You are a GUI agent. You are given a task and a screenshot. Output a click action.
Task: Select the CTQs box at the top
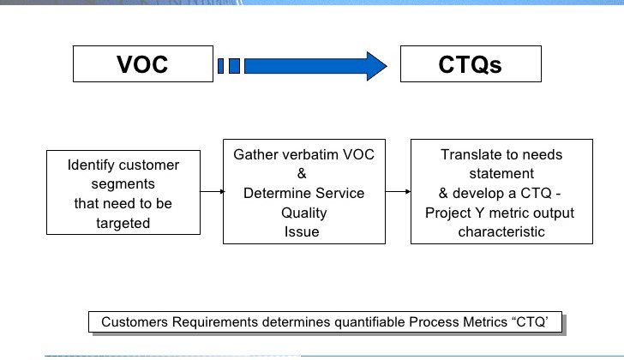[471, 64]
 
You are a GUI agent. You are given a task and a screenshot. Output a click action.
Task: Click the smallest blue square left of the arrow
[222, 65]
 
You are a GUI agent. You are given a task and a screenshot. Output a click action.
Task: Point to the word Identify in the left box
[93, 164]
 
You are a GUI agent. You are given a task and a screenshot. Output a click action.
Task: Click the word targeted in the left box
[123, 223]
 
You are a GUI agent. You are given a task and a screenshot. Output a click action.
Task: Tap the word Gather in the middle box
[255, 154]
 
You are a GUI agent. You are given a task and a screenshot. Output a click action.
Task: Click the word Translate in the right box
[471, 155]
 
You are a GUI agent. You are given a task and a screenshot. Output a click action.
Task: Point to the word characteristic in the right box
[500, 231]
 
